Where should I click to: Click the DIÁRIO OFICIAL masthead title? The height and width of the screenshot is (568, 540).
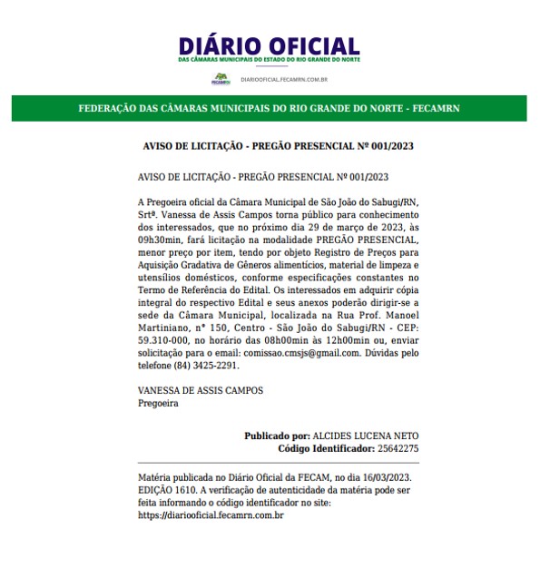(270, 45)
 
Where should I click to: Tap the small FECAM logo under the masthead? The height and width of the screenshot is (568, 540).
(221, 79)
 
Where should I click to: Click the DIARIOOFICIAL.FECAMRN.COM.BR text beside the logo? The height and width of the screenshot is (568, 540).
(284, 80)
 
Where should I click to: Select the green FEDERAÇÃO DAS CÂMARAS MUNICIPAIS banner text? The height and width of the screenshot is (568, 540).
(270, 109)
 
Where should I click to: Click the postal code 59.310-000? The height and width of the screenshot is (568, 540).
(167, 339)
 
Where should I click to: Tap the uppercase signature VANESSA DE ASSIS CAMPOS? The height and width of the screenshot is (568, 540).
(201, 390)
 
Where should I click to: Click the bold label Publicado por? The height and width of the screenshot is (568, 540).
(277, 436)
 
